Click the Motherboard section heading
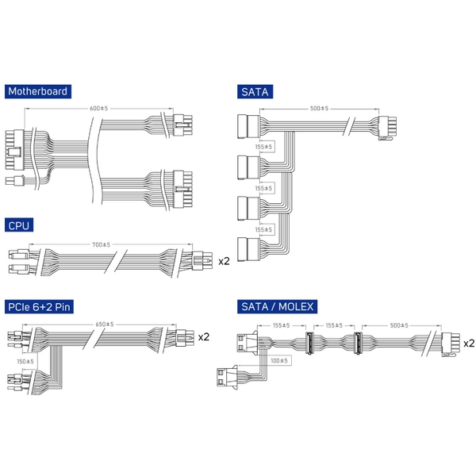click(38, 91)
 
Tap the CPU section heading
click(19, 225)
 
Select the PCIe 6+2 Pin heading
click(39, 306)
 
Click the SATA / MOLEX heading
click(277, 306)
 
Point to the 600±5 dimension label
click(98, 109)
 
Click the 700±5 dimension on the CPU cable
click(101, 244)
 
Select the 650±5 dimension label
click(105, 324)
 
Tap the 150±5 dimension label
click(25, 361)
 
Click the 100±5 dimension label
click(279, 361)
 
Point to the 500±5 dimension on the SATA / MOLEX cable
click(399, 325)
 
